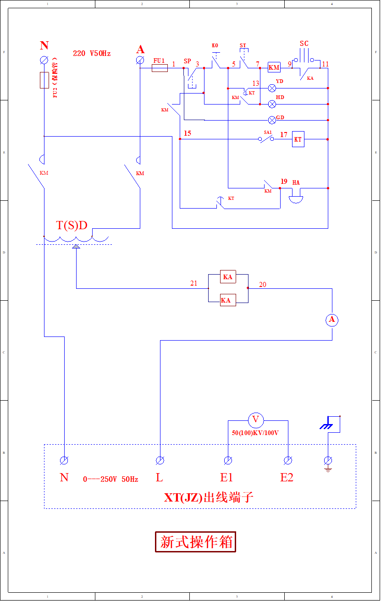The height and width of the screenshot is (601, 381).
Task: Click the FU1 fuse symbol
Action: tap(160, 68)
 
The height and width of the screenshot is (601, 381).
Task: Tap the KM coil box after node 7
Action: tap(274, 68)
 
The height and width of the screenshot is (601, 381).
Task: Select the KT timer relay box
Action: tap(298, 139)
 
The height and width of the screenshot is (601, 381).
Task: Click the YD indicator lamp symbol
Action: tap(272, 88)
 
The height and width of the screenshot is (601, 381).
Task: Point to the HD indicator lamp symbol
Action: tap(272, 104)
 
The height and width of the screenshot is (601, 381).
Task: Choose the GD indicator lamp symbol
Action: tap(272, 120)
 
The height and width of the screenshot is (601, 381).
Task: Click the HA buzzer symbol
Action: tap(296, 198)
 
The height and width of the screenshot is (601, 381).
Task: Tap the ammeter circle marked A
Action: tap(332, 320)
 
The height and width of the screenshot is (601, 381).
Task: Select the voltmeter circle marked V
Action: tap(256, 419)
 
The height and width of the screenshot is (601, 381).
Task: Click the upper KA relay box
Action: tap(228, 277)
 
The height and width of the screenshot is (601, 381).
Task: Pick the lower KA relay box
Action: tap(228, 300)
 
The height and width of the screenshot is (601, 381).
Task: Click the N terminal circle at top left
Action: tap(44, 60)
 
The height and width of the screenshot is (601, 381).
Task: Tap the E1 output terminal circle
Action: tap(227, 460)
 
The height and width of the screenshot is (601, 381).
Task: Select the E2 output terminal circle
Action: tap(288, 460)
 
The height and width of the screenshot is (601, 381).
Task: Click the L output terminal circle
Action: tap(160, 460)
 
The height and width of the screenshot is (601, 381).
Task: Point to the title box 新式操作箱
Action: tap(196, 542)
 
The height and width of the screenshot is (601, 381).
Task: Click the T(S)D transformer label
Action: tap(72, 225)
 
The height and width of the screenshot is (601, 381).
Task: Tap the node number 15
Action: tap(187, 133)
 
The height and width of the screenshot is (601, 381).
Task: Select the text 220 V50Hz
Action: tap(92, 53)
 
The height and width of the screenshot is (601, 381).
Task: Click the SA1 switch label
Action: tap(268, 132)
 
